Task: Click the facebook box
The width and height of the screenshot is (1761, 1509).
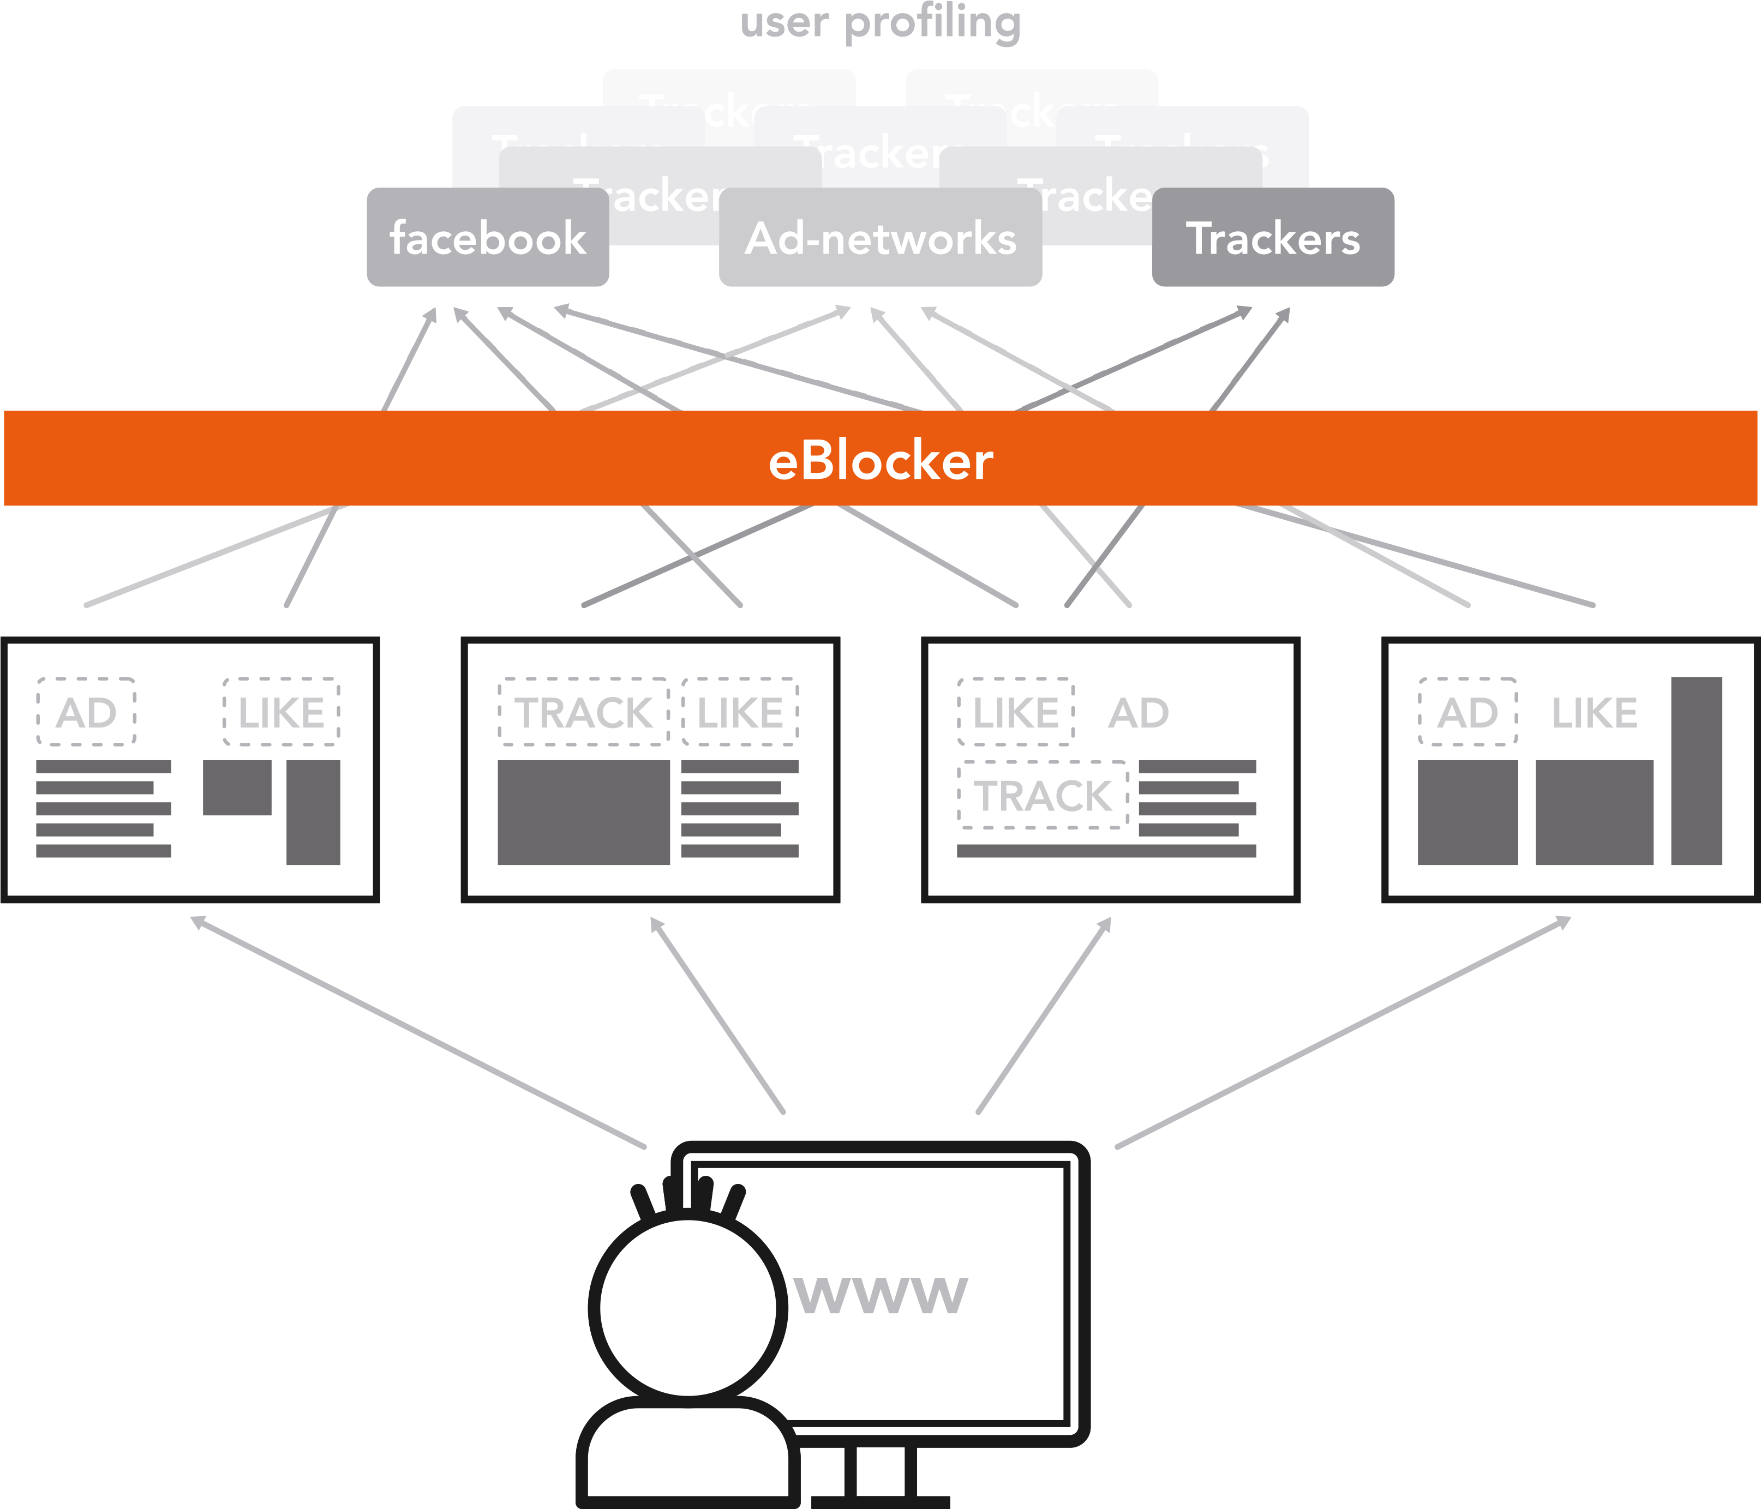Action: tap(487, 238)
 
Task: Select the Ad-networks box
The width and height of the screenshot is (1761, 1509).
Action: tap(880, 238)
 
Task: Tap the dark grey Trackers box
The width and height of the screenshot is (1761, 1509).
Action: tap(1272, 238)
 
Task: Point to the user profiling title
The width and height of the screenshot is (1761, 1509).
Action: tap(880, 23)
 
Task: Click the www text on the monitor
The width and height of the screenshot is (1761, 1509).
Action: tap(880, 1295)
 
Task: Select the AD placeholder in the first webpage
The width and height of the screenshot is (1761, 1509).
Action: tap(86, 712)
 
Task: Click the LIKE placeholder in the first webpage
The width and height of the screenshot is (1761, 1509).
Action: tap(281, 712)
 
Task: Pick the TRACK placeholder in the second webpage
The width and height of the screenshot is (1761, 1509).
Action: tap(583, 712)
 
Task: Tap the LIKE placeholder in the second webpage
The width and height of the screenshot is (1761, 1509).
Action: tap(739, 712)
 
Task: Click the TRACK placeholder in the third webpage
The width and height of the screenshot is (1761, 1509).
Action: tap(1043, 795)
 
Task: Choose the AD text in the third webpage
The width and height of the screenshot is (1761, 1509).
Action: tap(1138, 712)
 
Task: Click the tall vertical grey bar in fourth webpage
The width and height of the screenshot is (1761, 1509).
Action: tap(1696, 770)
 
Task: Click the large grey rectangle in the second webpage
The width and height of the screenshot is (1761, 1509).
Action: tap(583, 812)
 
